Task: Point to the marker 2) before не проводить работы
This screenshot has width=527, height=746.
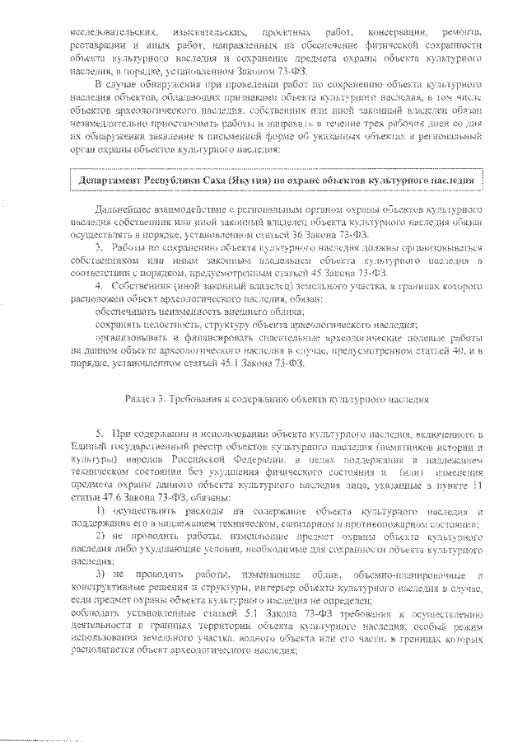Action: [98, 536]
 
